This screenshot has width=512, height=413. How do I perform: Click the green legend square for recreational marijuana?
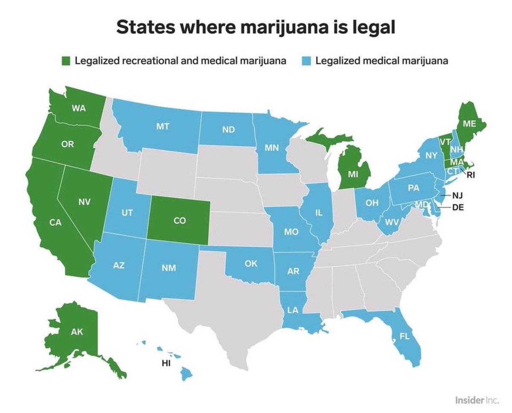click(66, 61)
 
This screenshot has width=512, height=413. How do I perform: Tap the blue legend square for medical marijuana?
click(307, 61)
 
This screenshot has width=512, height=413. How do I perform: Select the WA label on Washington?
click(79, 108)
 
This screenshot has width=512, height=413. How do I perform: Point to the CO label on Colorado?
click(180, 221)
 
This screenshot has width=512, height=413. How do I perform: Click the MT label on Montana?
click(162, 127)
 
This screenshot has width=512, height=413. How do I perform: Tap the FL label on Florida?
click(404, 336)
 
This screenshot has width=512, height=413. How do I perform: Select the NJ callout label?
click(457, 196)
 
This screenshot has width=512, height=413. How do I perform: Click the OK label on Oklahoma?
click(251, 264)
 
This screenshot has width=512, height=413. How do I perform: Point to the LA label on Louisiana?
click(293, 310)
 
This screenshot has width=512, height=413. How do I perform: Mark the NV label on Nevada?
click(84, 202)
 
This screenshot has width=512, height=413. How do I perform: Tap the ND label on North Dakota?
click(228, 129)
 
